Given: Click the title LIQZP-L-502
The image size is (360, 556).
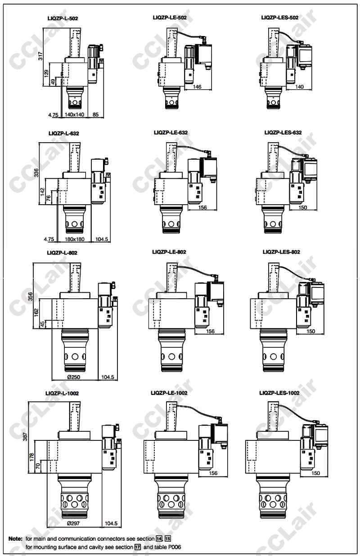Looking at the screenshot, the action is (x=63, y=18).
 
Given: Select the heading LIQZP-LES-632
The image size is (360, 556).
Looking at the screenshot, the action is (x=283, y=133).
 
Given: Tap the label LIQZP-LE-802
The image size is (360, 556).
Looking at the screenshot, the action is (x=169, y=252).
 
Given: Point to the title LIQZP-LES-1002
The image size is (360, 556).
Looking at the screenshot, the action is (x=279, y=393).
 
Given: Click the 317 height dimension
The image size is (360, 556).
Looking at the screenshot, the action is (x=40, y=56).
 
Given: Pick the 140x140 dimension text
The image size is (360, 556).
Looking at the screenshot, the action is (x=75, y=114).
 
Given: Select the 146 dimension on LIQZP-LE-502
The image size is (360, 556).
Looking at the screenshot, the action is (x=197, y=87).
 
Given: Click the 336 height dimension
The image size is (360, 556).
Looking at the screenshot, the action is (x=36, y=173).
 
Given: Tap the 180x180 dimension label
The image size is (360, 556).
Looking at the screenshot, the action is (x=75, y=239).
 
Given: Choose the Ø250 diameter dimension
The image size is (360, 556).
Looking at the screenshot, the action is (x=74, y=377).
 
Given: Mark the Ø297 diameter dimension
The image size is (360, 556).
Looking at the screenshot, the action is (x=73, y=524).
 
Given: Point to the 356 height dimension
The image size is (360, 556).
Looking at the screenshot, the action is (x=30, y=296).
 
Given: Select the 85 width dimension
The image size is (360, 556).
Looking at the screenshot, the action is (x=95, y=114).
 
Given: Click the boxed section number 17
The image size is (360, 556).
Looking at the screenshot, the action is (x=138, y=547).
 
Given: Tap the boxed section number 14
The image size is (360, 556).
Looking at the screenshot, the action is (x=159, y=539).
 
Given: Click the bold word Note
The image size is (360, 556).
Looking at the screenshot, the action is (x=15, y=539).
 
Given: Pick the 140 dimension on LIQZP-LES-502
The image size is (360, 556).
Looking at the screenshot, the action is (x=299, y=87).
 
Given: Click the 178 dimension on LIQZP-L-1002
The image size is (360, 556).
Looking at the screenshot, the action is (x=32, y=457).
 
